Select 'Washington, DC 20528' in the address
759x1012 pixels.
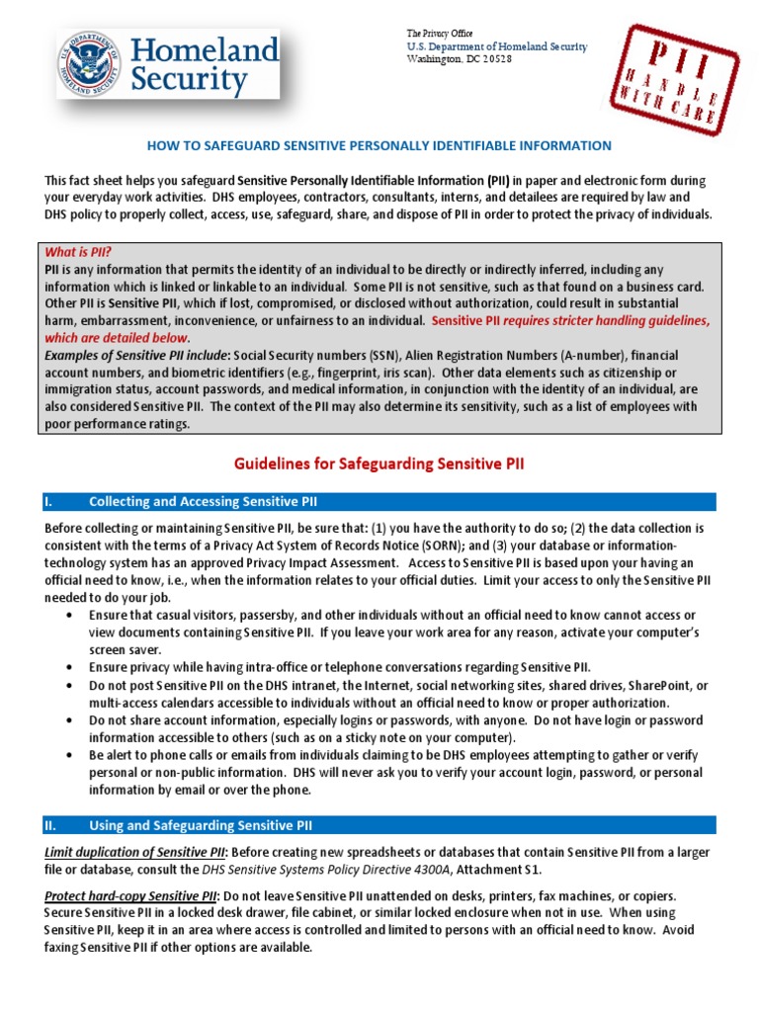pyautogui.click(x=460, y=59)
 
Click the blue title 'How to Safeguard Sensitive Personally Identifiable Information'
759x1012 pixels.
pyautogui.click(x=379, y=145)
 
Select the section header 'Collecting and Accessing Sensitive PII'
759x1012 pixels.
pyautogui.click(x=203, y=502)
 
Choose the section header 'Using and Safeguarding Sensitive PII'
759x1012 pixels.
pyautogui.click(x=201, y=825)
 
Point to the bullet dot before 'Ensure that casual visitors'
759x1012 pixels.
pyautogui.click(x=68, y=615)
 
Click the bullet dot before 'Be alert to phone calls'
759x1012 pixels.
pyautogui.click(x=68, y=754)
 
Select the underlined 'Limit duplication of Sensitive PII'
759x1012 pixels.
pyautogui.click(x=135, y=852)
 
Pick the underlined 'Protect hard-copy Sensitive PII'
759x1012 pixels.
pyautogui.click(x=132, y=895)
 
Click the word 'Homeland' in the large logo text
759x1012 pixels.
pyautogui.click(x=204, y=49)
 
